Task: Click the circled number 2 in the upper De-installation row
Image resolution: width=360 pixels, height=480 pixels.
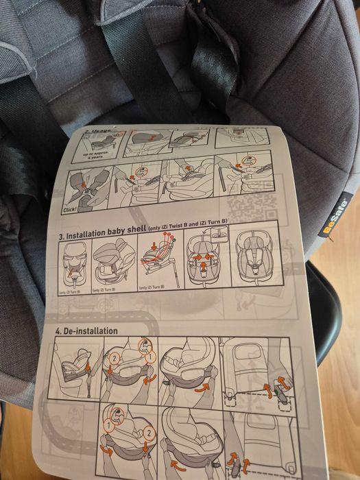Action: pos(116,358)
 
